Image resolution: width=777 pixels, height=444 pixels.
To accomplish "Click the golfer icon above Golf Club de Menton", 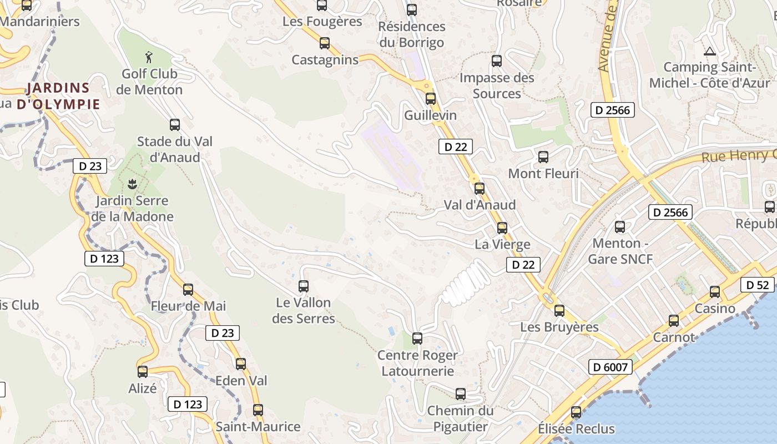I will [148, 57].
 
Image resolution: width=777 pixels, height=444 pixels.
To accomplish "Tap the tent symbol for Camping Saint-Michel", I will [709, 52].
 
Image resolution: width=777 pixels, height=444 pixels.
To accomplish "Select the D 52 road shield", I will [757, 285].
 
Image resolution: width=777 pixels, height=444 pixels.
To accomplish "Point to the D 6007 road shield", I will [610, 367].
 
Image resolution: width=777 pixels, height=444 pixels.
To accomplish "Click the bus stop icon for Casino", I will [715, 291].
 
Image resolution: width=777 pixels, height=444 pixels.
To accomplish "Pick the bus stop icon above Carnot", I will [674, 320].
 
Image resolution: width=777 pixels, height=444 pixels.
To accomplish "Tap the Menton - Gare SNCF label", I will [620, 251].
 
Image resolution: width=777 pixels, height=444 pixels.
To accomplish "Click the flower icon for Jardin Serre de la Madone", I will [132, 184].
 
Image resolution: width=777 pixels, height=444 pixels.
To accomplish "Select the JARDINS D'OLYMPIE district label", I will [58, 96].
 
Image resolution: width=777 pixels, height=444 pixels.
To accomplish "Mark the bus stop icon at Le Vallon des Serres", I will [304, 286].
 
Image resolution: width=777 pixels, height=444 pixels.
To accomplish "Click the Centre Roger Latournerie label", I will [417, 363].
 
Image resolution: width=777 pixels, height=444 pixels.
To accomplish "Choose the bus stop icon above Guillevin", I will [431, 99].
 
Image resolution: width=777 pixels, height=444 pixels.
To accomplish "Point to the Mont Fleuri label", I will [543, 174].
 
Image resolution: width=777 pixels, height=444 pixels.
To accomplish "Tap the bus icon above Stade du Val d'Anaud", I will [175, 125].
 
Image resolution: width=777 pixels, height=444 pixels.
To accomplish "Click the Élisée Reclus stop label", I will [576, 429].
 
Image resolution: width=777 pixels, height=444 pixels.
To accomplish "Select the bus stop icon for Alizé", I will [143, 372].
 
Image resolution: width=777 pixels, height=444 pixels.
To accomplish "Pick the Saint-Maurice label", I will [258, 427].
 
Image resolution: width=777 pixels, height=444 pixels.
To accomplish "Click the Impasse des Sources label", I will [497, 85].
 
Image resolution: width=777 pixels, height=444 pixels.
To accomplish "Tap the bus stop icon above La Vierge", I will [502, 228].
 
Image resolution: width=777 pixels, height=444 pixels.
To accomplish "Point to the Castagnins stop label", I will [325, 60].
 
